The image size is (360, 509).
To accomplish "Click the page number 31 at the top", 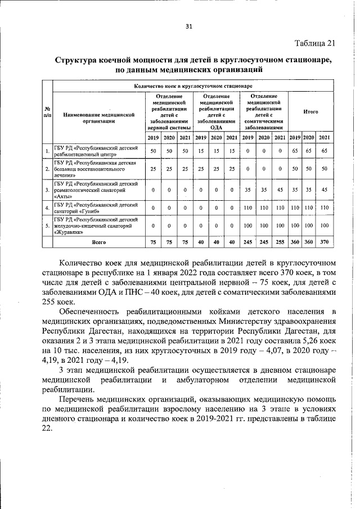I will click(188, 26).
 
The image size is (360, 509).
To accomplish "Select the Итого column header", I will click(310, 112).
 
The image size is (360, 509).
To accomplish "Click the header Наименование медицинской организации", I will click(98, 116).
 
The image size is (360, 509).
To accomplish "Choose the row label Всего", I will click(99, 242).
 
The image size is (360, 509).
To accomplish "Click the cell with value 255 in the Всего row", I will click(280, 242).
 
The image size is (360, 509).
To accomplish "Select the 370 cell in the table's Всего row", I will click(323, 242).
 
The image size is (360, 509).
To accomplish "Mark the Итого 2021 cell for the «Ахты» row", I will click(323, 190).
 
